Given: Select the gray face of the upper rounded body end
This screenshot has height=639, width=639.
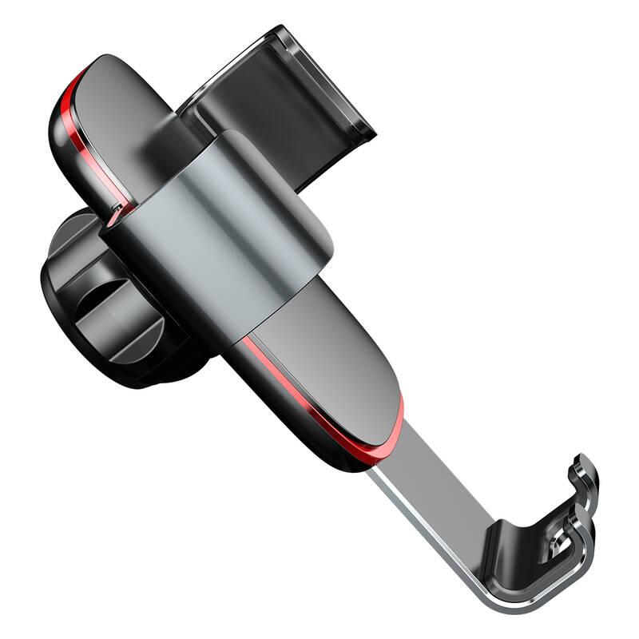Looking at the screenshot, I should [132, 112].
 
